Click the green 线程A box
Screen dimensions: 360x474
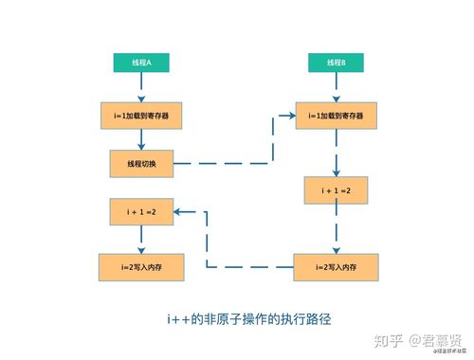(140, 63)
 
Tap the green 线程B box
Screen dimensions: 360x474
(337, 63)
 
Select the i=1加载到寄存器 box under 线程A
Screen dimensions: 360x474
(140, 117)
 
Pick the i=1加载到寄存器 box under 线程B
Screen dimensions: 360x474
(337, 117)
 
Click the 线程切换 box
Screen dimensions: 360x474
(140, 163)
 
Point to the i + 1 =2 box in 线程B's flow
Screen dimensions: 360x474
(337, 190)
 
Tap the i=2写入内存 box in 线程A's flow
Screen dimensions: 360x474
(140, 266)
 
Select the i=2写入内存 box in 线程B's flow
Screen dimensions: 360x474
(337, 266)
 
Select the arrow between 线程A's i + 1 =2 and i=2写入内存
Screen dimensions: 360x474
(140, 240)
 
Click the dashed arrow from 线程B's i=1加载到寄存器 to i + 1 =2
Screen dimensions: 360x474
(337, 153)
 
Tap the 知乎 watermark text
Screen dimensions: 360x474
(391, 339)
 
